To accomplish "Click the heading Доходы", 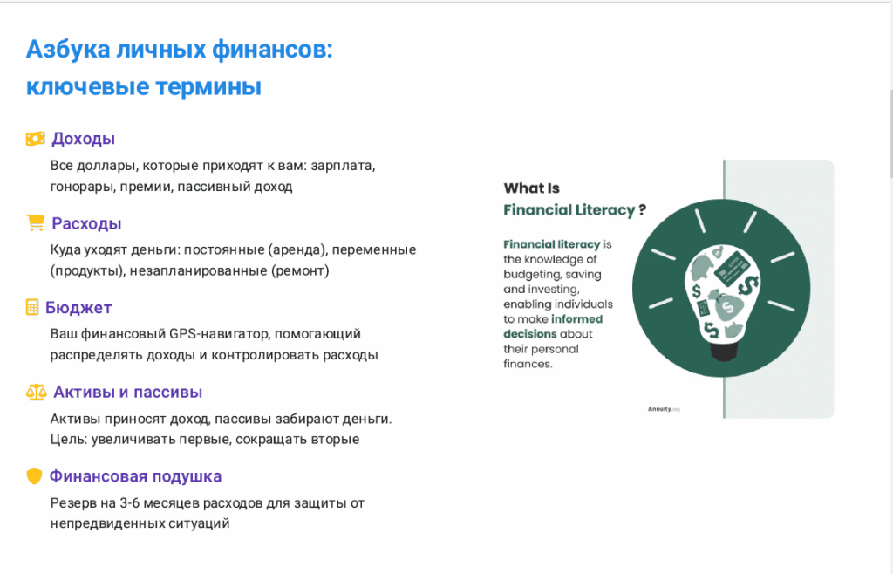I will (84, 139).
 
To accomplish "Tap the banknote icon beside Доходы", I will (35, 139).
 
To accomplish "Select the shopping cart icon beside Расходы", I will (35, 223).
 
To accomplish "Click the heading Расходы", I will (86, 223).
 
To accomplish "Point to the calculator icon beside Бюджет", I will (32, 308).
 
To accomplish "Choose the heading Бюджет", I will (78, 308).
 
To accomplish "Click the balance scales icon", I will (36, 393).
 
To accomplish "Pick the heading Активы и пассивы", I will (128, 392).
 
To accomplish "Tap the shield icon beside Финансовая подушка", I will (34, 476).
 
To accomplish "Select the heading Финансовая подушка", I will (135, 476).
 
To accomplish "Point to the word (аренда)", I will (301, 249).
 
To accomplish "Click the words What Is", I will (532, 188).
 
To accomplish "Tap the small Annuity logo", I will (664, 408).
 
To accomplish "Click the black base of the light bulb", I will (725, 351).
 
